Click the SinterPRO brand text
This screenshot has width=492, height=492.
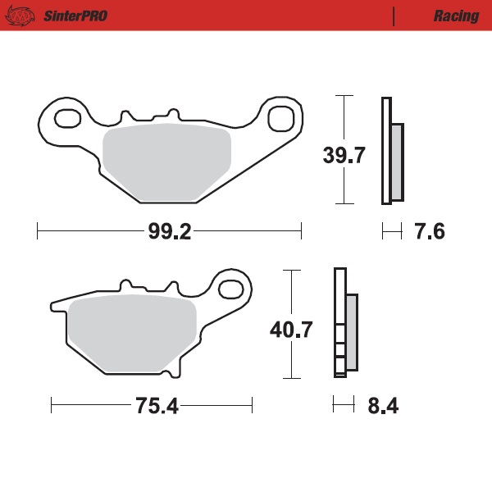73,16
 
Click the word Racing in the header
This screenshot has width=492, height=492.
456,16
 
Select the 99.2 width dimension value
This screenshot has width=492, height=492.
170,232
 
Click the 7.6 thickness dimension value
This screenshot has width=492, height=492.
429,232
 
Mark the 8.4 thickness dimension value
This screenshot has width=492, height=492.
382,406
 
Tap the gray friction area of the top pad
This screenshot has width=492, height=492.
166,162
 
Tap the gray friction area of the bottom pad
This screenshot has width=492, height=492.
134,332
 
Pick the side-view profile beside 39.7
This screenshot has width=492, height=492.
391,151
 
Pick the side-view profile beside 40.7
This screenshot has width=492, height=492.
344,323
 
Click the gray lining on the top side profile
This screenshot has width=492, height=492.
398,162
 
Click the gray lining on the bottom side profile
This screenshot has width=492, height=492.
352,332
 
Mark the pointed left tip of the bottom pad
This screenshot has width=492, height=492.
51,305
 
